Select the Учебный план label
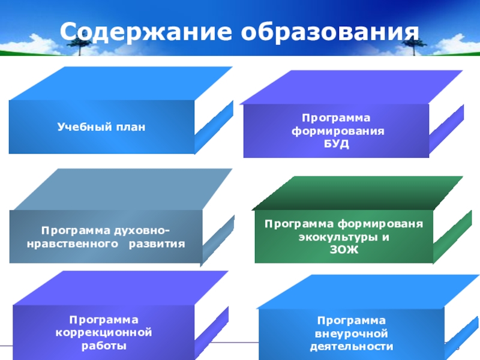coord(102,127)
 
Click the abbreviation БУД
coord(336,145)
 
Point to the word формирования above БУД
coord(336,131)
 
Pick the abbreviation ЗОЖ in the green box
coord(343,249)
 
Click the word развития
coord(161,244)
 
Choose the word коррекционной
coord(104,332)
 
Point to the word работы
coord(104,346)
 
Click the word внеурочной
coord(352,334)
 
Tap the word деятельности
coord(352,347)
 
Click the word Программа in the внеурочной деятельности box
coord(352,320)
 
